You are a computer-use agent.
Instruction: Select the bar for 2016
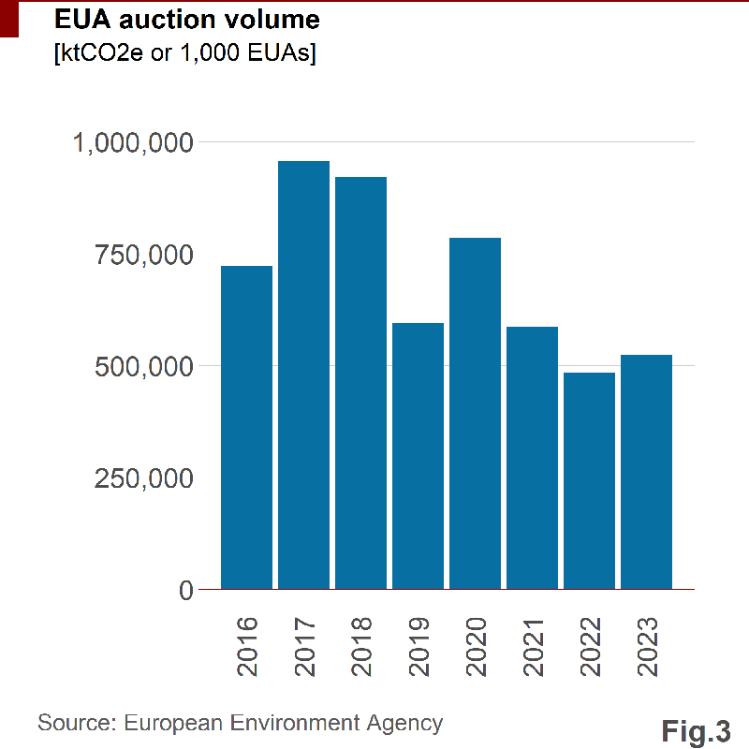(x=246, y=428)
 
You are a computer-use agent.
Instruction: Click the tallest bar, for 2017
(x=303, y=375)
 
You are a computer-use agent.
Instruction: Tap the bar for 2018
(x=360, y=383)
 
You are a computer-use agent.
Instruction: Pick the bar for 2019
(x=418, y=456)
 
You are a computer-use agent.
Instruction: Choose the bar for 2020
(x=475, y=414)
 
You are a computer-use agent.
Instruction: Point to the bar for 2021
(x=532, y=458)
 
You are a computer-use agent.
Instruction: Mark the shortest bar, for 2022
(x=589, y=481)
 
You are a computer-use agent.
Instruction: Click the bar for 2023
(x=646, y=472)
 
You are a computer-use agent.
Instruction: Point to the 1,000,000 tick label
(x=133, y=142)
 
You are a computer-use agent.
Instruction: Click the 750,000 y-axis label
(x=143, y=255)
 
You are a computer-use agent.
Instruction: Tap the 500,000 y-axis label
(x=143, y=366)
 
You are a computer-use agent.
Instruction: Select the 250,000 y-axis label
(x=143, y=478)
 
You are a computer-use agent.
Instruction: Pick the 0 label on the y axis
(x=185, y=590)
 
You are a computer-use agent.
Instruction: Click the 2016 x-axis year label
(x=247, y=647)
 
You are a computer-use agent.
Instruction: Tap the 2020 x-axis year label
(x=476, y=647)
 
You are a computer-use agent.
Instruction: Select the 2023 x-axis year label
(x=647, y=647)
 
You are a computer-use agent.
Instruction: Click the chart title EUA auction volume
(x=187, y=19)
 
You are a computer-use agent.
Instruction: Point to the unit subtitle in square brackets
(x=185, y=52)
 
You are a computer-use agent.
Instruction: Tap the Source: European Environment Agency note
(x=240, y=723)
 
